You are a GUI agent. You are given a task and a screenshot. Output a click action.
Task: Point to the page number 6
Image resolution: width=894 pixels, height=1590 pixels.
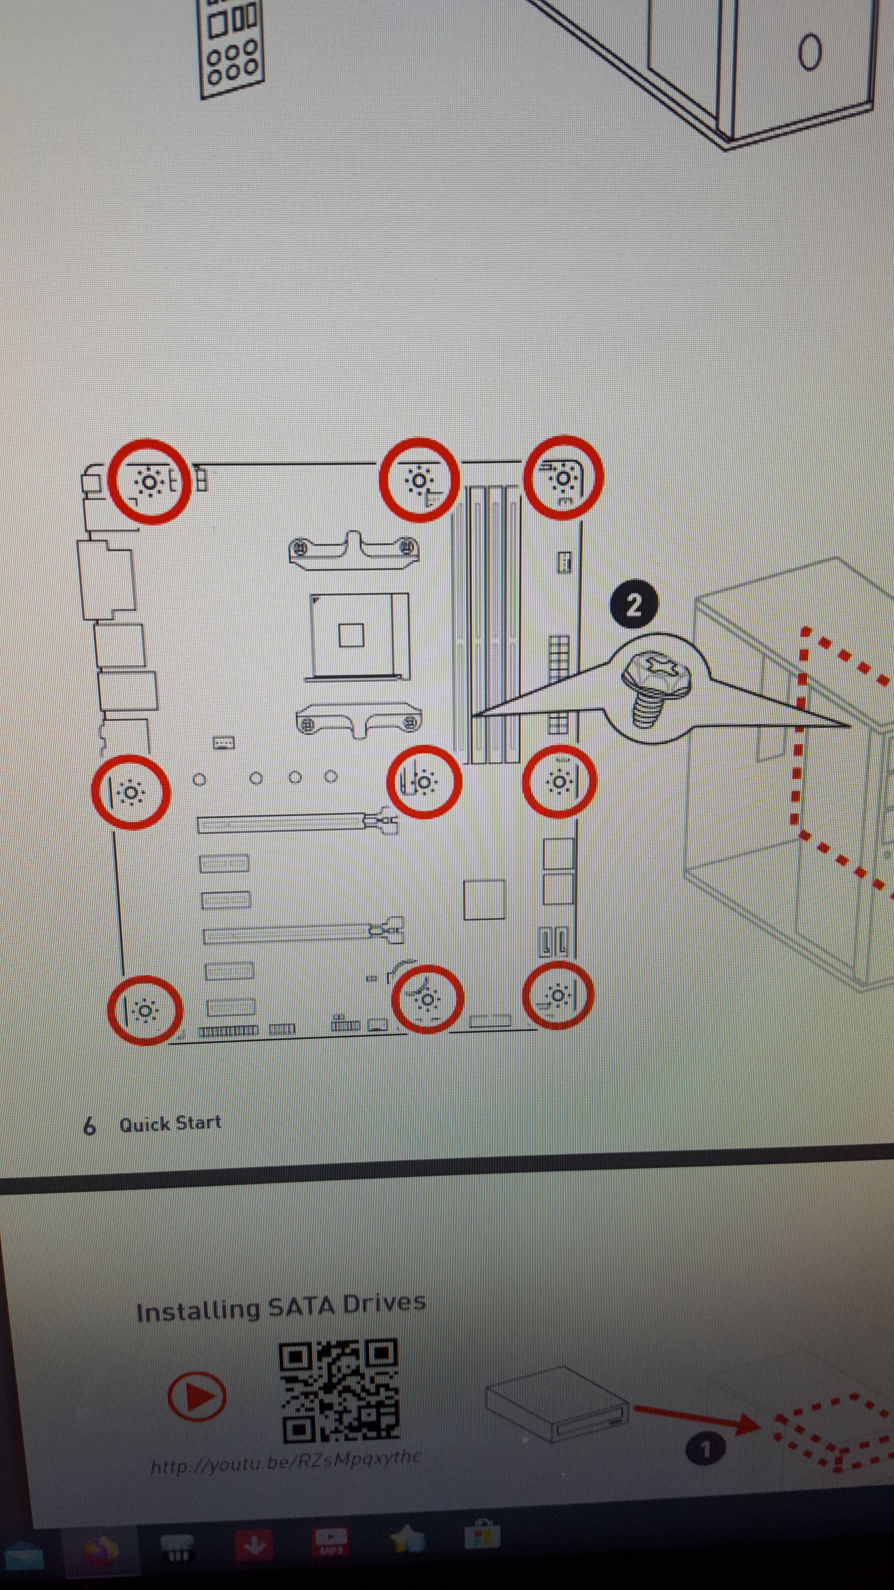tap(89, 1126)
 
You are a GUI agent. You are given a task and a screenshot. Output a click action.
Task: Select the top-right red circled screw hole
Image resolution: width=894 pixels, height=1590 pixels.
tap(563, 477)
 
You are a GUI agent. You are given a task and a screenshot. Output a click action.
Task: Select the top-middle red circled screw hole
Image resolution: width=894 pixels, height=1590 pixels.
tap(419, 480)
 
